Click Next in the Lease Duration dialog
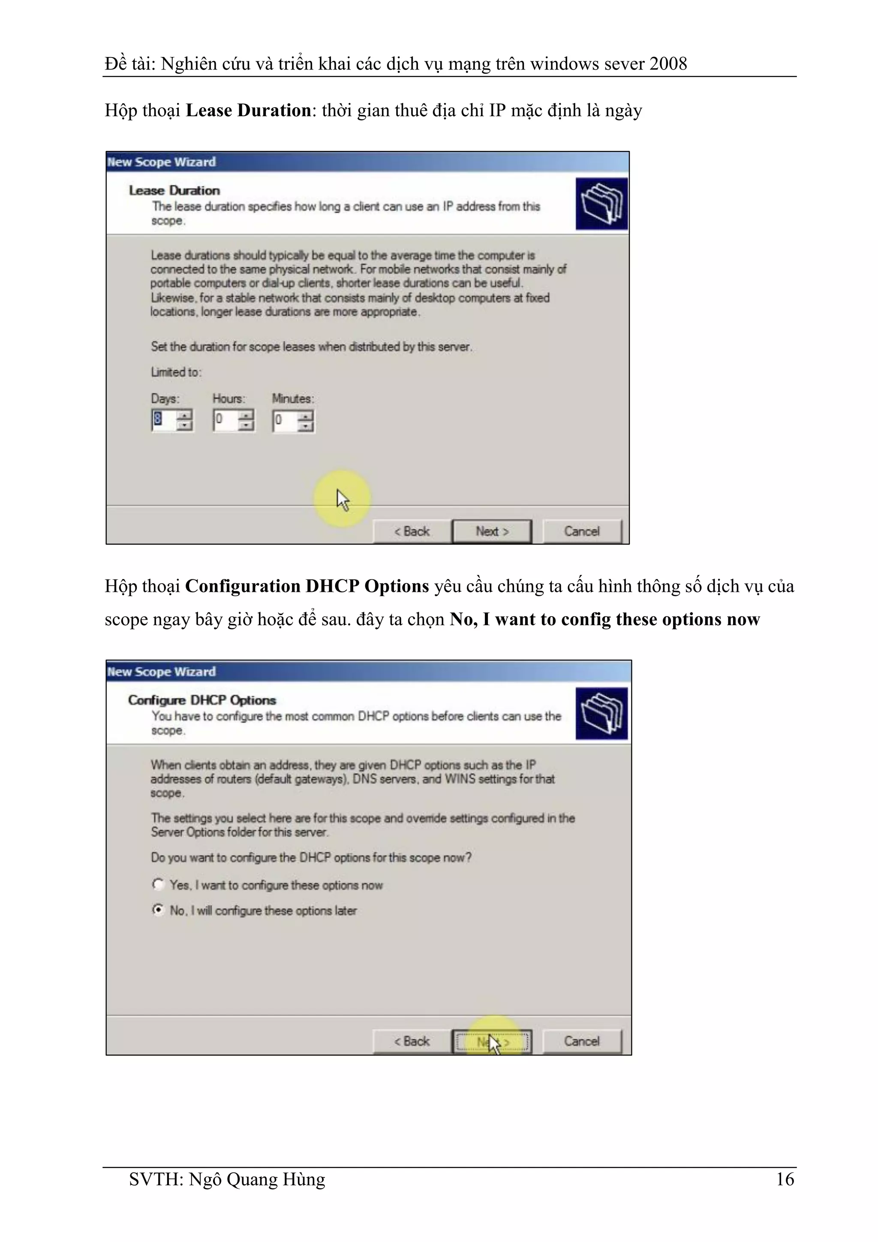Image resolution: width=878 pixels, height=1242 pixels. (x=491, y=531)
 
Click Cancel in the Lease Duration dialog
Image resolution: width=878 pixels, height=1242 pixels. (x=582, y=531)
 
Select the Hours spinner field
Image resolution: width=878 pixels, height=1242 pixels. (x=226, y=420)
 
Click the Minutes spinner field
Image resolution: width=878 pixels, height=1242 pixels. (x=286, y=420)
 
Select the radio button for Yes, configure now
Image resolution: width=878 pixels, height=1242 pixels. (x=158, y=884)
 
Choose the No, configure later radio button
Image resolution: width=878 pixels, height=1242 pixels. (x=158, y=909)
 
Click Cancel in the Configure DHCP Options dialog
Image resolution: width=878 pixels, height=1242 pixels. (x=582, y=1041)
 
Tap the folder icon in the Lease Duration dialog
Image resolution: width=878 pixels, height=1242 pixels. (x=601, y=203)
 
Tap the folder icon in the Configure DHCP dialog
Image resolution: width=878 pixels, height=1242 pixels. (x=601, y=713)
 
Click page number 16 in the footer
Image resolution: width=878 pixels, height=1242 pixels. (x=785, y=1179)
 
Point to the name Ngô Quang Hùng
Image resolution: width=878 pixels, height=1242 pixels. (x=257, y=1179)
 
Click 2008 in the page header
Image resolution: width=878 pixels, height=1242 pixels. (x=668, y=64)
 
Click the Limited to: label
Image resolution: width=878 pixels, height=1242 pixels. (x=176, y=372)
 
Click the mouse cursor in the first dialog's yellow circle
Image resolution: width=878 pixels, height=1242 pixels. (x=342, y=499)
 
